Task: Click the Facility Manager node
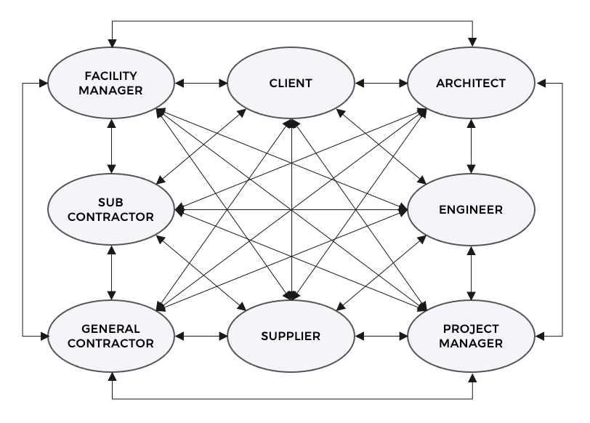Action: pyautogui.click(x=111, y=83)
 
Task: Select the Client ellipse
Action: pyautogui.click(x=291, y=83)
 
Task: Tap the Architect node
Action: pyautogui.click(x=471, y=83)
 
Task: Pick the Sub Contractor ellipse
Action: pyautogui.click(x=111, y=209)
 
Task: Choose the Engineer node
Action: pyautogui.click(x=471, y=209)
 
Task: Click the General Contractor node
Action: pyautogui.click(x=111, y=336)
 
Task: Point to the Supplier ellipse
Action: pyautogui.click(x=291, y=336)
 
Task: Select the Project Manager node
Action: pyautogui.click(x=471, y=336)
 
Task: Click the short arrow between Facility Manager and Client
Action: pyautogui.click(x=201, y=83)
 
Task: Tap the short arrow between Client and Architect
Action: pyautogui.click(x=381, y=83)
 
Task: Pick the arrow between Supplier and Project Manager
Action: pyautogui.click(x=381, y=336)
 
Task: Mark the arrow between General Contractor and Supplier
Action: pyautogui.click(x=201, y=336)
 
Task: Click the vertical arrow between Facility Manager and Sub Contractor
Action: pyautogui.click(x=111, y=146)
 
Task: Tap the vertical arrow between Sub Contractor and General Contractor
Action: pyautogui.click(x=111, y=273)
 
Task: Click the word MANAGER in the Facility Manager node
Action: pyautogui.click(x=111, y=91)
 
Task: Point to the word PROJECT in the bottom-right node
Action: pyautogui.click(x=471, y=329)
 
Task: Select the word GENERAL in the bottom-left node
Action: pyautogui.click(x=111, y=329)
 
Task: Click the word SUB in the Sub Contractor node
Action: pyautogui.click(x=111, y=202)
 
